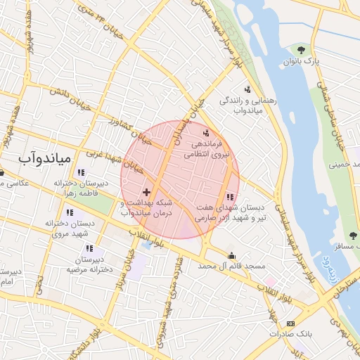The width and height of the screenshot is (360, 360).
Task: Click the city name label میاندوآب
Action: click(44, 158)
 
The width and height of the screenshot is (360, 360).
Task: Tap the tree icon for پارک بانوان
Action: click(302, 49)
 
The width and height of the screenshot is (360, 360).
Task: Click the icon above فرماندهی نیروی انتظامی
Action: click(206, 133)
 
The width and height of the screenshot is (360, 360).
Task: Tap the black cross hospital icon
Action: click(146, 191)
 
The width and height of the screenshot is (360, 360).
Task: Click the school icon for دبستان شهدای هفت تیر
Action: click(230, 198)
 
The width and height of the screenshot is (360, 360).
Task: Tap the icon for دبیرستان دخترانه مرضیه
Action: click(89, 247)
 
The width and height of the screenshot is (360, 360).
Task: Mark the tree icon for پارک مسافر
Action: click(352, 236)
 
